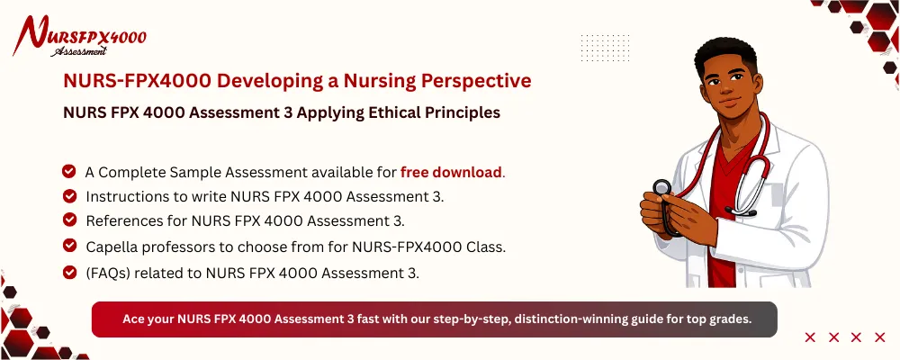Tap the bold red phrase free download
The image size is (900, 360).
pyautogui.click(x=451, y=172)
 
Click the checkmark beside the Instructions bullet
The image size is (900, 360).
pyautogui.click(x=69, y=195)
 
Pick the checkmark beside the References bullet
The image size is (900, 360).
pyautogui.click(x=69, y=220)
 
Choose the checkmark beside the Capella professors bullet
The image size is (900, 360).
pyautogui.click(x=69, y=245)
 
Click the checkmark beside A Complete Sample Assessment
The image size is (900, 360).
pyautogui.click(x=69, y=171)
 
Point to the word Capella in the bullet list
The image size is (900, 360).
pyautogui.click(x=114, y=246)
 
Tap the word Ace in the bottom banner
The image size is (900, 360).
pyautogui.click(x=133, y=319)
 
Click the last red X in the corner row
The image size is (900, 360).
pyautogui.click(x=880, y=337)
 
